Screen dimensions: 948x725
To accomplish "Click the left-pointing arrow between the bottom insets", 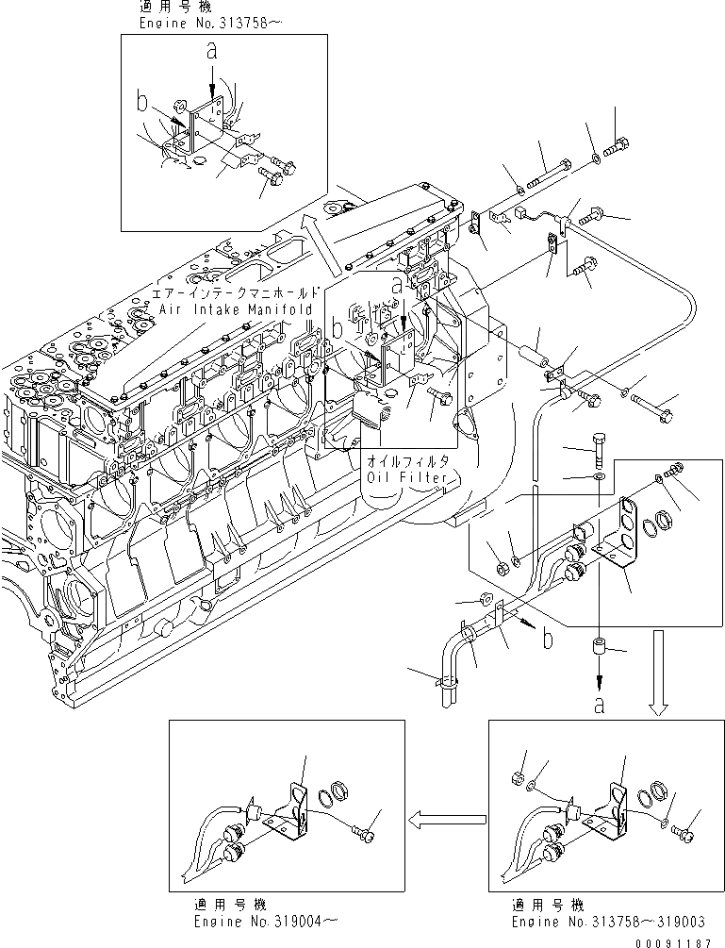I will click(x=448, y=820).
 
